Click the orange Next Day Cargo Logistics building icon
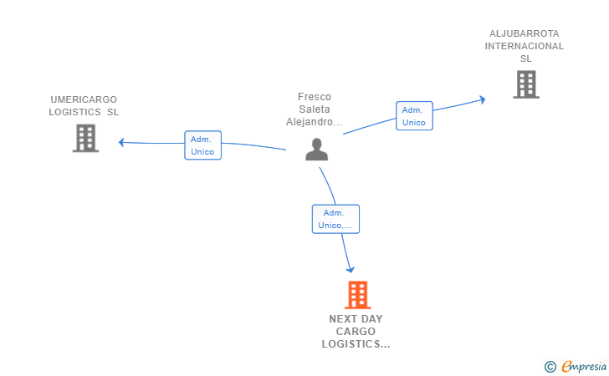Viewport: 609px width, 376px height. click(x=357, y=295)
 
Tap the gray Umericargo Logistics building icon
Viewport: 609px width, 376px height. click(x=85, y=138)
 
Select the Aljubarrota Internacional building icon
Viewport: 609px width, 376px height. click(x=525, y=84)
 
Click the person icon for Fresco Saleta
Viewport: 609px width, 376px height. click(x=316, y=150)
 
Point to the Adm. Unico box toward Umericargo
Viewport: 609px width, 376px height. click(x=202, y=145)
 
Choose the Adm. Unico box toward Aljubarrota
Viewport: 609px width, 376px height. click(x=414, y=116)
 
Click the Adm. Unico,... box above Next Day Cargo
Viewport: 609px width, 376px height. click(x=335, y=219)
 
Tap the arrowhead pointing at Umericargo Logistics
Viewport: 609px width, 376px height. click(x=122, y=142)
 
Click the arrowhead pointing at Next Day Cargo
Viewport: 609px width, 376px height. click(x=351, y=269)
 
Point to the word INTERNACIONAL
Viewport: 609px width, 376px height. click(x=525, y=46)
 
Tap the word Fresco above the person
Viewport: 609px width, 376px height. click(x=315, y=97)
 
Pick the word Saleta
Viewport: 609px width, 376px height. click(x=315, y=109)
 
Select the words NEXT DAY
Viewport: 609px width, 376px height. click(x=356, y=319)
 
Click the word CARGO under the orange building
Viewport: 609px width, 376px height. click(x=356, y=332)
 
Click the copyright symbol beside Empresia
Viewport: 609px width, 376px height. click(x=550, y=366)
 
